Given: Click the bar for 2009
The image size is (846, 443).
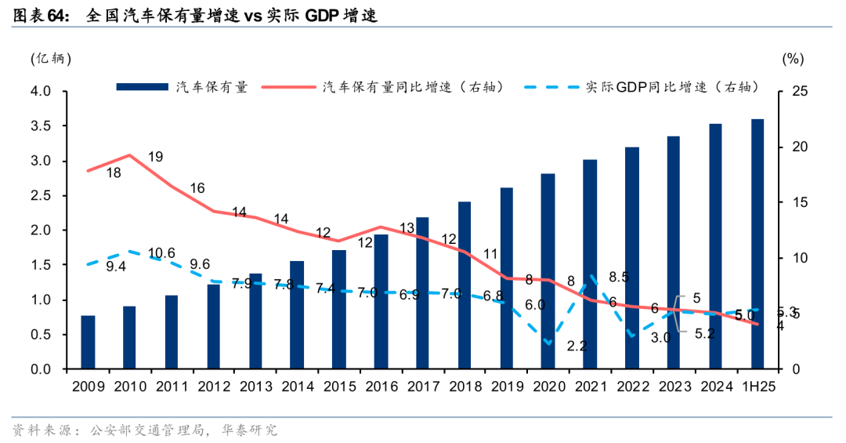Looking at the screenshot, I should [89, 342].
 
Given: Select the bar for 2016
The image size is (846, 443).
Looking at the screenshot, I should [381, 301].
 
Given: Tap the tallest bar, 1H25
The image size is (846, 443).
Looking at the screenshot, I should [757, 244].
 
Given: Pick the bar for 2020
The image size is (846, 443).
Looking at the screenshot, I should [548, 271].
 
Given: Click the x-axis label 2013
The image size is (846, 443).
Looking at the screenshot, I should [256, 387].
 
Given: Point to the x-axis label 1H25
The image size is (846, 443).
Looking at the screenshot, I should [757, 387].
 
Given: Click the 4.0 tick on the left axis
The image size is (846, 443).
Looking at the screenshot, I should [42, 92].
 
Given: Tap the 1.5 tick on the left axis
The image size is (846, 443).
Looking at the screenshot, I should [42, 265].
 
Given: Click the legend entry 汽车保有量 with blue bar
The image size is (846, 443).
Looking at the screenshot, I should [182, 87].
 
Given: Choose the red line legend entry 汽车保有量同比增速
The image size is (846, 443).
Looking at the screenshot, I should [384, 87].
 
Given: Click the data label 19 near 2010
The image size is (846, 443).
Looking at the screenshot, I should [155, 157].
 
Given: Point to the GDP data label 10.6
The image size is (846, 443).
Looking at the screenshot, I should [161, 252].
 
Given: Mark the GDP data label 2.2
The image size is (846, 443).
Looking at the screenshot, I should [577, 345].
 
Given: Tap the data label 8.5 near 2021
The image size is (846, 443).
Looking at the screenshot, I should [618, 277].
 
